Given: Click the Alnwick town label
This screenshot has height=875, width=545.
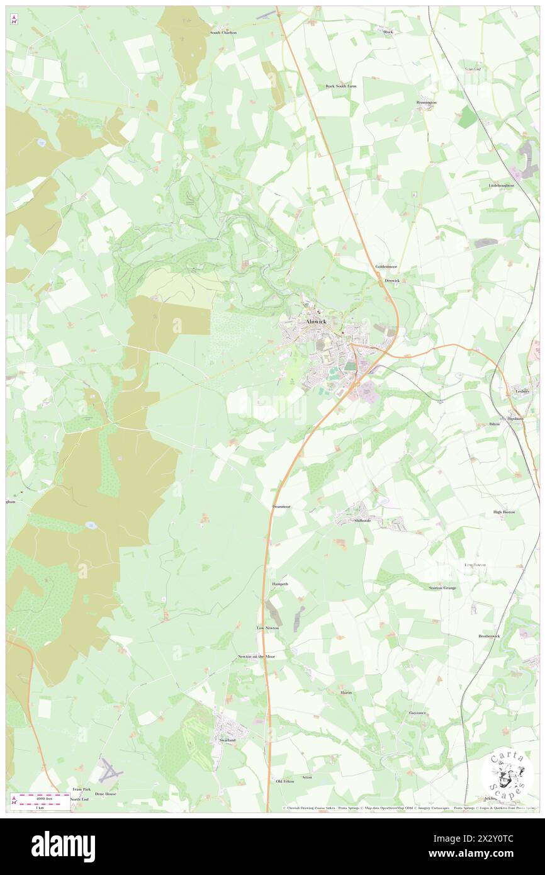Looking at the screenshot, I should [315, 321].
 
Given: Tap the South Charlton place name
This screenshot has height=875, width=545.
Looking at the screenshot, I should [223, 32].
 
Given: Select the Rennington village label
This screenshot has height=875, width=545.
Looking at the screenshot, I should [427, 102].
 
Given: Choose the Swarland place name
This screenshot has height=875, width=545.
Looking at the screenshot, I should [227, 740].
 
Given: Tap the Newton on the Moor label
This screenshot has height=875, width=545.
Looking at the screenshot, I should [256, 657].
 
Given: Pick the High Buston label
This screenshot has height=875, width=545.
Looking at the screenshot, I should [504, 512].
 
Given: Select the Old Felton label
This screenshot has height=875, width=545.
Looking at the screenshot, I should [284, 781].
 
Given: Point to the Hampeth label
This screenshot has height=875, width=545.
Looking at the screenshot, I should [279, 584].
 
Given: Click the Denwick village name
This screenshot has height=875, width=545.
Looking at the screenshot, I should [392, 280].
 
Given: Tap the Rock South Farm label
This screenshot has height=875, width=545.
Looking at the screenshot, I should [340, 86].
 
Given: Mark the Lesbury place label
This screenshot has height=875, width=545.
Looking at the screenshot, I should [522, 391].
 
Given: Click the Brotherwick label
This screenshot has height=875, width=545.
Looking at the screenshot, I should [488, 636].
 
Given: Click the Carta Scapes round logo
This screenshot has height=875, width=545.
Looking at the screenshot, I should [507, 776].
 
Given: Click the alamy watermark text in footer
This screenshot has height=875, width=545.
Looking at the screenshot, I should [64, 846].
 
